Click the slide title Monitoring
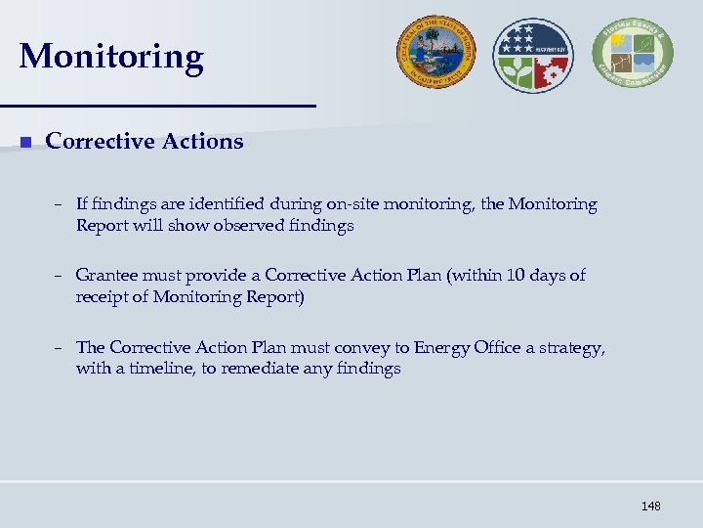pyautogui.click(x=110, y=57)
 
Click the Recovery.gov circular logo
pyautogui.click(x=533, y=55)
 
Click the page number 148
pyautogui.click(x=650, y=506)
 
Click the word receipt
pyautogui.click(x=103, y=296)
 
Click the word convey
pyautogui.click(x=369, y=347)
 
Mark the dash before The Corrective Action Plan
pyautogui.click(x=60, y=347)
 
